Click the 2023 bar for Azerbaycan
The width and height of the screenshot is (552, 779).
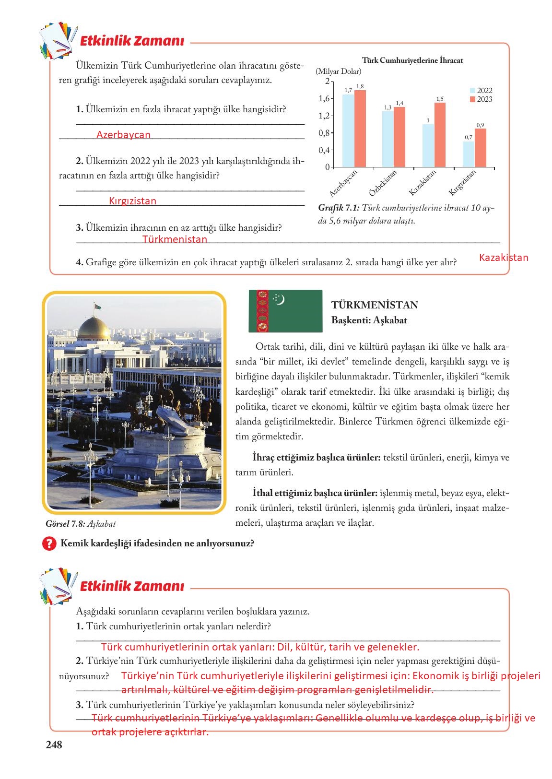pyautogui.click(x=360, y=129)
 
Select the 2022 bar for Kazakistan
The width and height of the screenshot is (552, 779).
pyautogui.click(x=428, y=146)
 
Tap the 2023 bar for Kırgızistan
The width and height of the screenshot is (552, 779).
pyautogui.click(x=481, y=148)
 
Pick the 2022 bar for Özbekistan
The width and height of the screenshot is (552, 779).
pyautogui.click(x=388, y=139)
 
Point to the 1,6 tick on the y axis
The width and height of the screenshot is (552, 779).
pyautogui.click(x=324, y=98)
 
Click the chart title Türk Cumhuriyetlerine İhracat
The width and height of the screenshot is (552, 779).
pyautogui.click(x=412, y=61)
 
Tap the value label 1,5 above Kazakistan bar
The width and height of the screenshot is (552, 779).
pyautogui.click(x=440, y=99)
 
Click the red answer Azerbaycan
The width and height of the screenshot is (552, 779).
pyautogui.click(x=123, y=135)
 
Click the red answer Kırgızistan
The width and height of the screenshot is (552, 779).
pyautogui.click(x=132, y=201)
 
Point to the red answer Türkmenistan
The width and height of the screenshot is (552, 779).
pyautogui.click(x=175, y=239)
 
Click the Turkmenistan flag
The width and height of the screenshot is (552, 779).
pyautogui.click(x=285, y=311)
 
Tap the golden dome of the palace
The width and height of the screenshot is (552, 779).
pyautogui.click(x=94, y=328)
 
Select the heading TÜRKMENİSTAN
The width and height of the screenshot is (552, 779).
pyautogui.click(x=375, y=305)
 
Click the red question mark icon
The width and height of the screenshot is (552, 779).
pyautogui.click(x=49, y=544)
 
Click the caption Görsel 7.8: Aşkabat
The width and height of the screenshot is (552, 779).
pyautogui.click(x=80, y=524)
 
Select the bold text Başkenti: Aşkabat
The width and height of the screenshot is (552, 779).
pyautogui.click(x=369, y=320)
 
